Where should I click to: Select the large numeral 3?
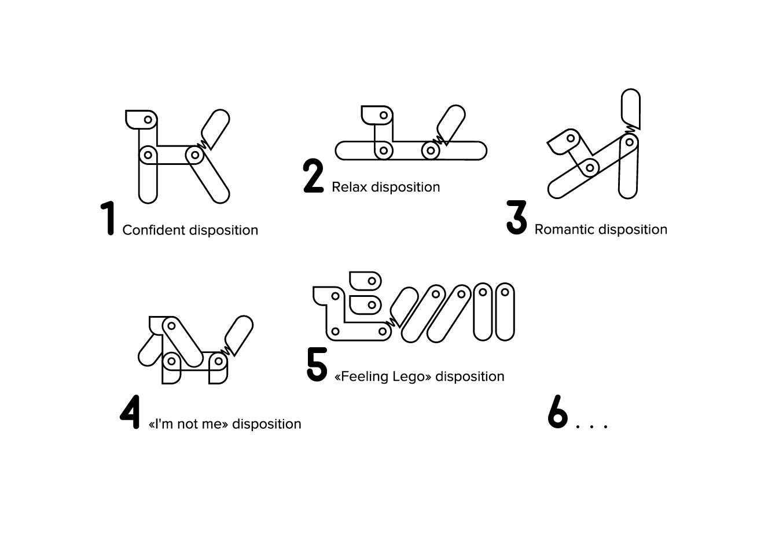(x=517, y=218)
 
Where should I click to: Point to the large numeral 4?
(x=130, y=412)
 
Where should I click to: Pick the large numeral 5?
(x=317, y=365)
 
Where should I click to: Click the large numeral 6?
(x=557, y=412)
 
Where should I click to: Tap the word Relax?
(x=349, y=188)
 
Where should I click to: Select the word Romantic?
(x=564, y=230)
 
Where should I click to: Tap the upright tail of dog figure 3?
(x=630, y=107)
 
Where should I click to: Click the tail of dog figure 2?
(x=451, y=122)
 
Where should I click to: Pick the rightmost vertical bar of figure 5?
(x=505, y=311)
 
